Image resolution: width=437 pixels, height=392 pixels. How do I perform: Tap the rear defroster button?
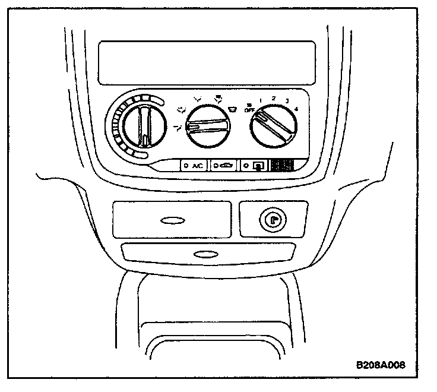pos(255,166)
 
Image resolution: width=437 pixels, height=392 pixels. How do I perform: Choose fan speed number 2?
pos(273,97)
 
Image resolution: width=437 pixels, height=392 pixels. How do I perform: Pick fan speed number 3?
pos(287,101)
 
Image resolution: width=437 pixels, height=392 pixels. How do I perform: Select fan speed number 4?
pos(296,109)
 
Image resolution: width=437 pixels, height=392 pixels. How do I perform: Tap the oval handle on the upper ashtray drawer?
pos(172,221)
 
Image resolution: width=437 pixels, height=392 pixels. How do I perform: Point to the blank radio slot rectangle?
pos(207,62)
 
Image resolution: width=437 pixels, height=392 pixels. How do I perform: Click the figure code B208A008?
pos(381,365)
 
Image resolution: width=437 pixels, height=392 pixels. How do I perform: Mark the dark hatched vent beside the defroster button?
pos(284,166)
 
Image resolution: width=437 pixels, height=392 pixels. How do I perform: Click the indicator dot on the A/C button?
pos(186,166)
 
